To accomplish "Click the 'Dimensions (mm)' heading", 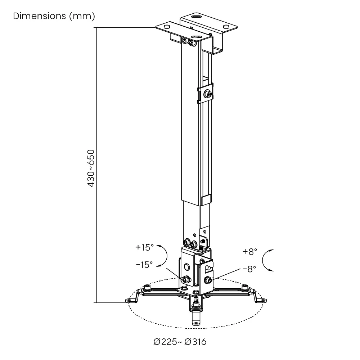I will [x=54, y=16].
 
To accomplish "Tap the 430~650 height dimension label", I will [x=91, y=168].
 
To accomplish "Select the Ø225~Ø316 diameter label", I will [x=180, y=342].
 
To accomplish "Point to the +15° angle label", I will [x=144, y=247].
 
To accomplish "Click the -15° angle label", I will [x=144, y=265].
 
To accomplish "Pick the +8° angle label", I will [x=250, y=252].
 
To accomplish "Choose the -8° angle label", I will [x=249, y=269].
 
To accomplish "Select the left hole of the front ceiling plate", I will [x=166, y=27].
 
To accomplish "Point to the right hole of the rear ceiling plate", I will [x=226, y=27].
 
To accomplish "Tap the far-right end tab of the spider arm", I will [x=262, y=300].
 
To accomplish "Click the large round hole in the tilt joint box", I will [x=186, y=267].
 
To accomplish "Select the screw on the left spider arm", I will [x=147, y=287].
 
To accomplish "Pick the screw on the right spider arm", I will [x=245, y=287].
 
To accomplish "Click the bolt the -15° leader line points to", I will [x=186, y=279].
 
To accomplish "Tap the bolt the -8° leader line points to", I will [x=207, y=280].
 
